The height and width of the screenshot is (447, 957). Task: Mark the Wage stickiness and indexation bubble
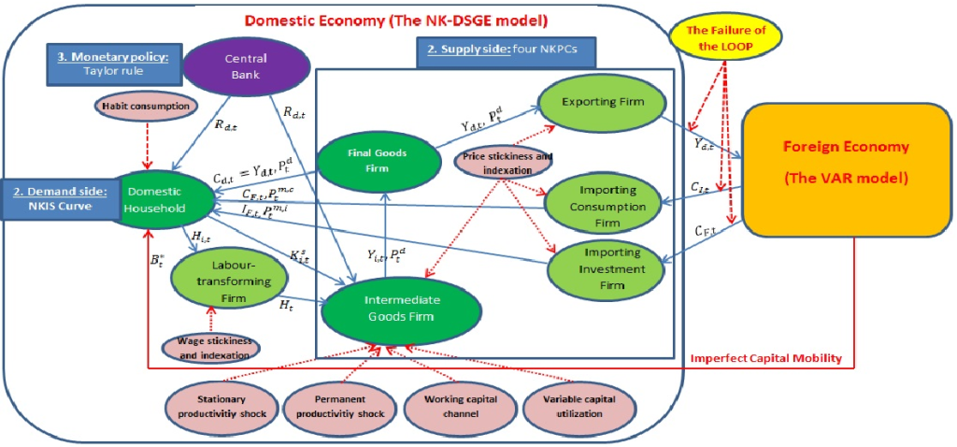[212, 348]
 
